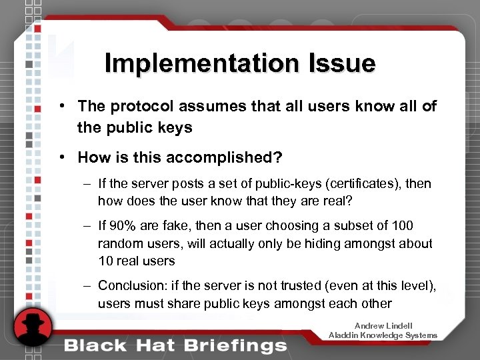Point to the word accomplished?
click(x=220, y=157)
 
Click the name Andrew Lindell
click(x=383, y=325)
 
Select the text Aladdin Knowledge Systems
click(x=383, y=335)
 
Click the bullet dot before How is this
click(x=61, y=157)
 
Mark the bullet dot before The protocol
click(x=61, y=106)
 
